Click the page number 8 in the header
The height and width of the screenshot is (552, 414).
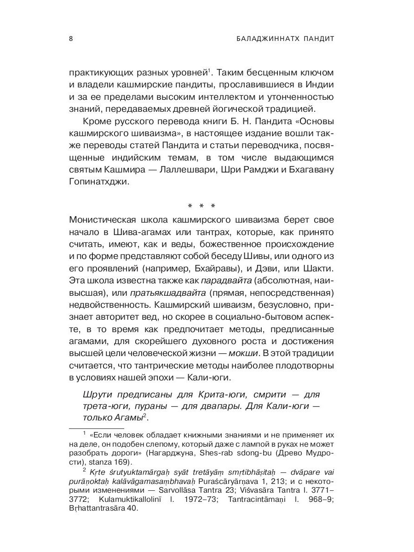pos(70,39)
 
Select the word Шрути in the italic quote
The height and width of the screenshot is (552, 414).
pos(98,395)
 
